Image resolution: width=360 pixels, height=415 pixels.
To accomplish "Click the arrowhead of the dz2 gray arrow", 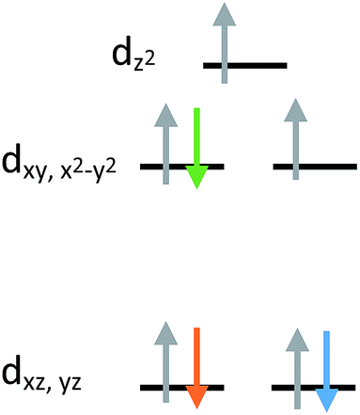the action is tap(223, 14).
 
